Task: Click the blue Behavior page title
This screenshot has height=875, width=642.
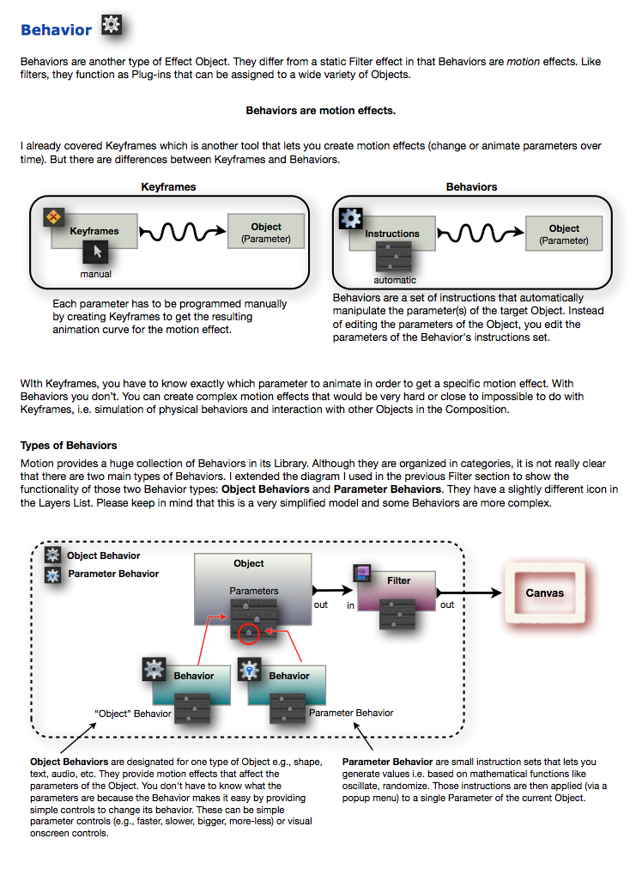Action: [56, 30]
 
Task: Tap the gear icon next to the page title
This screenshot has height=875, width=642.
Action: [112, 25]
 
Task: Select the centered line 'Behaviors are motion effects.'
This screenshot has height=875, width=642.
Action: [320, 111]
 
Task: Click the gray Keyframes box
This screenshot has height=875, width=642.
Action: [94, 231]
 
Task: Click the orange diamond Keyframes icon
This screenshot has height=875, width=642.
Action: [55, 217]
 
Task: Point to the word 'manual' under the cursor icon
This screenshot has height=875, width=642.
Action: [95, 274]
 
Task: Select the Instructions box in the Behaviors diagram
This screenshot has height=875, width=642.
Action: [392, 234]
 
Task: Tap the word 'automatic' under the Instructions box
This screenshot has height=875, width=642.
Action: [395, 280]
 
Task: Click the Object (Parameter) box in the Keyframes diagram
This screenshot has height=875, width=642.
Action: [266, 232]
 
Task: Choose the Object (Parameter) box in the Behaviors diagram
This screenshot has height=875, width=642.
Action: [564, 234]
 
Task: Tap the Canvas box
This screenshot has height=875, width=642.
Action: [545, 592]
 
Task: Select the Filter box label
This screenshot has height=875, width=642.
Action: [399, 580]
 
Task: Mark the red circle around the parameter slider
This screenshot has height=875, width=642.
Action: [248, 634]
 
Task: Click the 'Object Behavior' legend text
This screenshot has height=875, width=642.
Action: [103, 556]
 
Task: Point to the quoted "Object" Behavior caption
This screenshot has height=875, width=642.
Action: [133, 714]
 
